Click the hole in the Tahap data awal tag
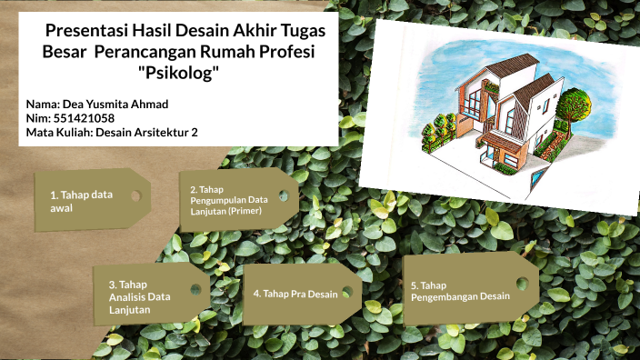[135, 195]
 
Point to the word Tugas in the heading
[303, 29]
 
